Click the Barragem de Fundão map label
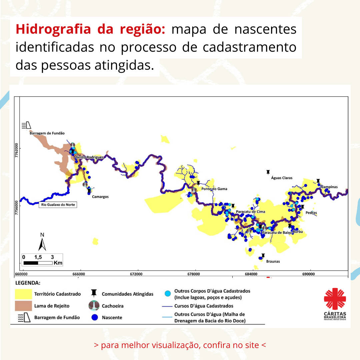point(47,133)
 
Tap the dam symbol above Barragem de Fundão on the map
point(26,125)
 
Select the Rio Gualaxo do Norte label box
point(58,205)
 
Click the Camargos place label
point(100,197)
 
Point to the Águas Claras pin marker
point(268,172)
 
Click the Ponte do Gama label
point(214,189)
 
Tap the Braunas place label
point(273,261)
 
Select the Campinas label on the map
point(329,187)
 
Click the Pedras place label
point(311,213)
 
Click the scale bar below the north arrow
point(38,263)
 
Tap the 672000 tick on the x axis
point(136,274)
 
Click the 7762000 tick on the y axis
point(17,150)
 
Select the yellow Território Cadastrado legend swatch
point(23,294)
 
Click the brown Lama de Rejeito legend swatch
point(23,306)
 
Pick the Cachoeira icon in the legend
point(94,306)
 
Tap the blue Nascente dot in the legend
point(95,317)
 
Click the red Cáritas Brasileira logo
point(335,304)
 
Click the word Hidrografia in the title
point(53,29)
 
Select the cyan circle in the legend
point(168,293)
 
